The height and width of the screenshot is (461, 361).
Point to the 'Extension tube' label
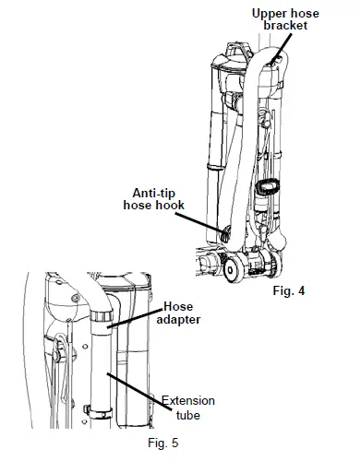tap(188, 408)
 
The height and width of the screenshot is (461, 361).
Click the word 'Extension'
tap(188, 401)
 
